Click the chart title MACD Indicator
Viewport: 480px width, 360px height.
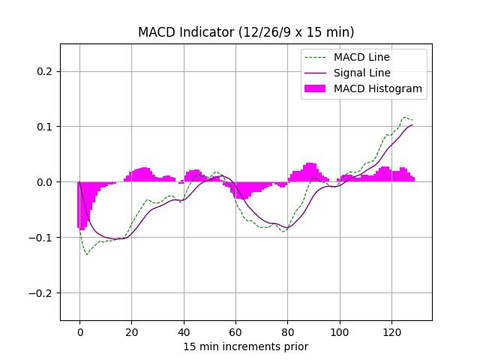tap(246, 32)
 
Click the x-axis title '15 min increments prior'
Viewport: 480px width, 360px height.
tap(246, 346)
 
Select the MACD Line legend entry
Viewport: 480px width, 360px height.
tap(361, 57)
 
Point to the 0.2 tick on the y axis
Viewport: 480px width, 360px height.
tap(44, 71)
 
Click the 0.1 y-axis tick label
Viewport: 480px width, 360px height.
tap(44, 127)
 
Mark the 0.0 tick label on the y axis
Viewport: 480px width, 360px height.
tap(44, 182)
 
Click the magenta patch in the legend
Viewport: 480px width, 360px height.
tap(315, 88)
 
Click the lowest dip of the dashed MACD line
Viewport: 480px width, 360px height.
tap(87, 254)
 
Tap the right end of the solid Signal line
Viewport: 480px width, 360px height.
tap(412, 125)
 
